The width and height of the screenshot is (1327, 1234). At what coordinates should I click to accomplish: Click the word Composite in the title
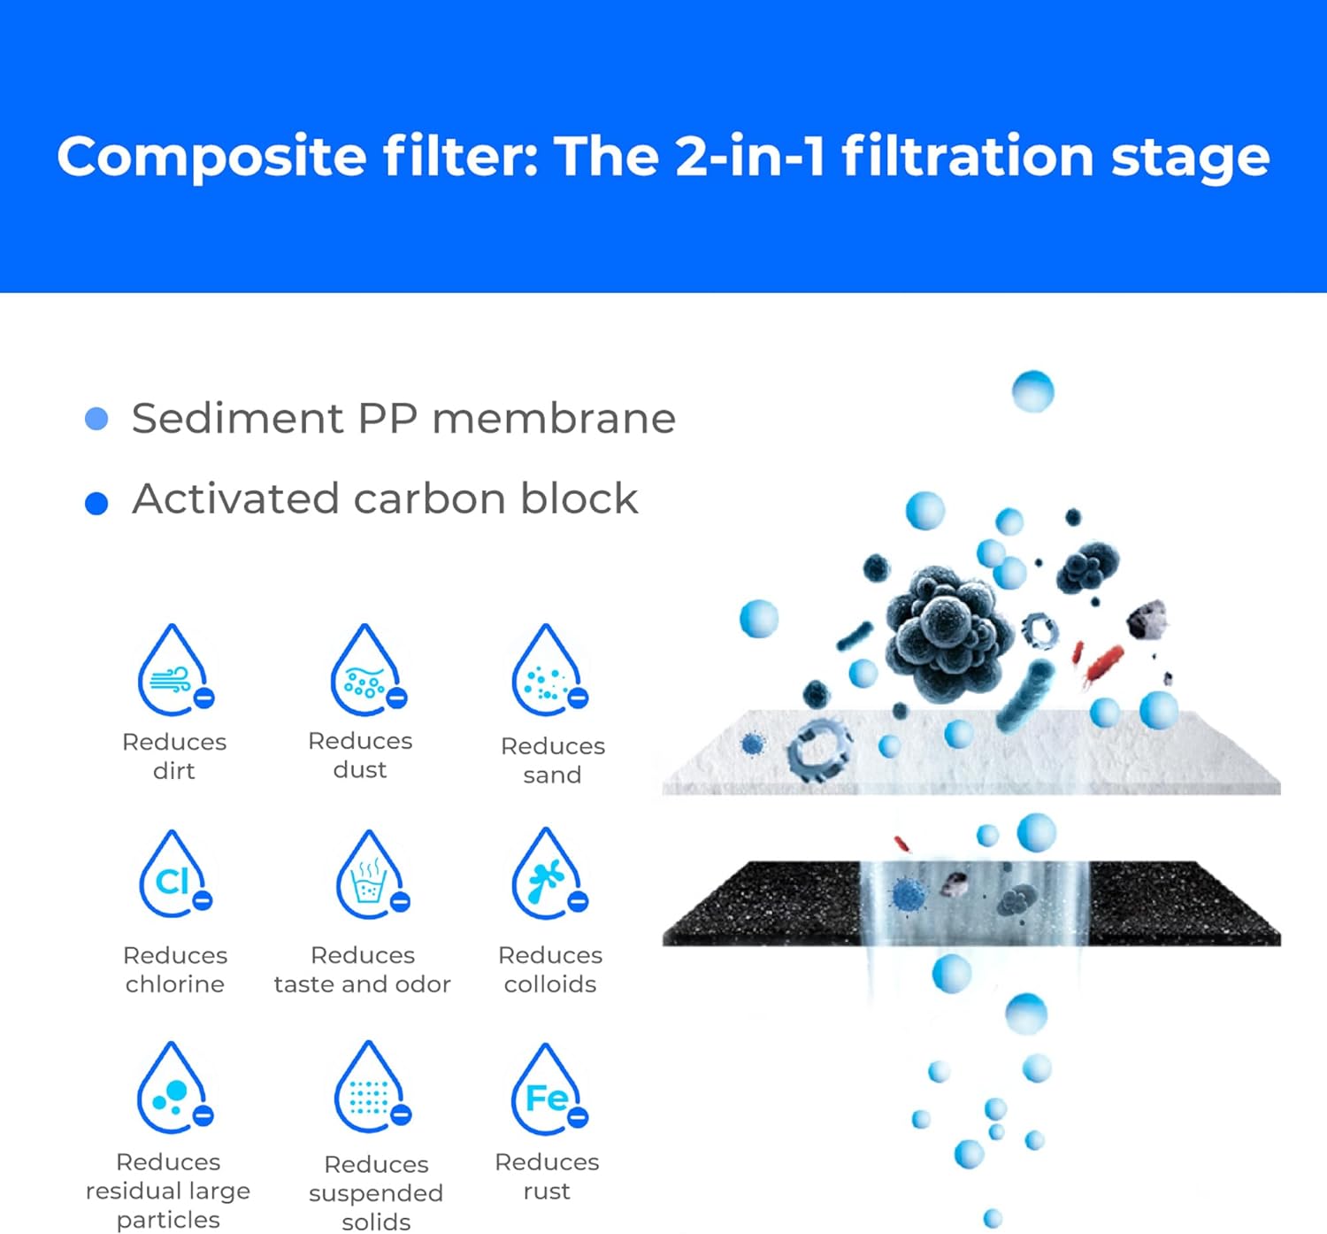(211, 157)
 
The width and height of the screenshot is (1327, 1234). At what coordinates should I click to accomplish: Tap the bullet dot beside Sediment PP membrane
(96, 419)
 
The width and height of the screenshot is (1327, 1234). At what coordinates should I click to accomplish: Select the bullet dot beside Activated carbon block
(96, 504)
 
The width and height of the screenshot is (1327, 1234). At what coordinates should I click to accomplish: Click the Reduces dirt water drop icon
(174, 672)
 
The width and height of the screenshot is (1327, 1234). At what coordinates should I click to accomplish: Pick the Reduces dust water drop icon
(366, 672)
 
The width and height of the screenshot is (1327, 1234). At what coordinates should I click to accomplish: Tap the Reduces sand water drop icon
(548, 672)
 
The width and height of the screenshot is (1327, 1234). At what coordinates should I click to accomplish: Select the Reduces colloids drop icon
(548, 875)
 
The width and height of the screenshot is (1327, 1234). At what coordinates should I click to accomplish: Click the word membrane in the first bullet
(554, 419)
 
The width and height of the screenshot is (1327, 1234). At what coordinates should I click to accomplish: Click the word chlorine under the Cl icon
(175, 984)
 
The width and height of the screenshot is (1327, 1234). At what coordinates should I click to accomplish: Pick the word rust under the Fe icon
(547, 1192)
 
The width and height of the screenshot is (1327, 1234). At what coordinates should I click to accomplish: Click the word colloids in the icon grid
(550, 984)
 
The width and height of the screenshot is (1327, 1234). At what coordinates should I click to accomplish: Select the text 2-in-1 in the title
(750, 157)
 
